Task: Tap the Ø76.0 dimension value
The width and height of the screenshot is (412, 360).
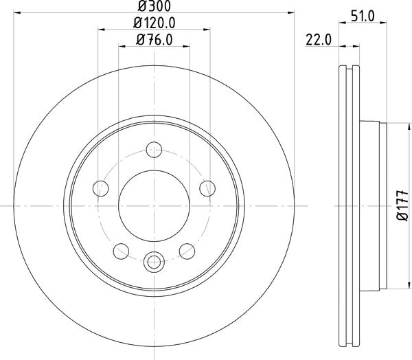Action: tap(154, 40)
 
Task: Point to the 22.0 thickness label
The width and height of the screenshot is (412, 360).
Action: tap(319, 41)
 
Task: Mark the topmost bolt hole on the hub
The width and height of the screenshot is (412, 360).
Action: tap(154, 148)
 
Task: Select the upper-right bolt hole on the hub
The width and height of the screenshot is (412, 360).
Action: tap(205, 186)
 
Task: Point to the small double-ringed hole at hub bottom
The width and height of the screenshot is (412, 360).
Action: tap(154, 260)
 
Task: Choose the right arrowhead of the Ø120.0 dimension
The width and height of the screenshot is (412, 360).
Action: tap(207, 30)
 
